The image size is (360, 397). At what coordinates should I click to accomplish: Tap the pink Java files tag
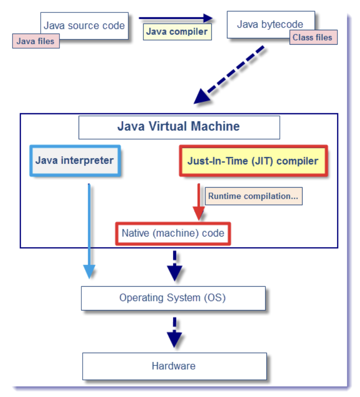click(x=36, y=41)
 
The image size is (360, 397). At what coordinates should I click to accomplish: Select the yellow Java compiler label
click(x=177, y=32)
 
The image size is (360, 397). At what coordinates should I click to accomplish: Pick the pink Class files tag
click(x=313, y=38)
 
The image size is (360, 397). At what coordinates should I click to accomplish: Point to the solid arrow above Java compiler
click(x=176, y=18)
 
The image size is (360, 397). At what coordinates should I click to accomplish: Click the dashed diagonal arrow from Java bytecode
click(x=229, y=75)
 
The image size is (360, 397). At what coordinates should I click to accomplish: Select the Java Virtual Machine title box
click(x=179, y=127)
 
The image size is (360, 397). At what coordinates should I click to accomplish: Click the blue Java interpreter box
click(x=75, y=161)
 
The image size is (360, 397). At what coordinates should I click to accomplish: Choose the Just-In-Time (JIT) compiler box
click(x=254, y=161)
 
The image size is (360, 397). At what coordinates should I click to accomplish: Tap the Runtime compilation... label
click(x=254, y=196)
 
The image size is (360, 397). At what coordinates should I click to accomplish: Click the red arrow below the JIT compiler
click(x=199, y=202)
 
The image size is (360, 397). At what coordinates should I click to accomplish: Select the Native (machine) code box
click(x=173, y=233)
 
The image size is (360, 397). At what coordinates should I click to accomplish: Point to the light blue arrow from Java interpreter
click(x=89, y=231)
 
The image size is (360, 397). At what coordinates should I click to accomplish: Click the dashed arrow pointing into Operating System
click(x=175, y=266)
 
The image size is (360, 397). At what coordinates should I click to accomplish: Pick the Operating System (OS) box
click(x=173, y=298)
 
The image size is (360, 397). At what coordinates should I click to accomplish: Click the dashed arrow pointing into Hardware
click(x=175, y=332)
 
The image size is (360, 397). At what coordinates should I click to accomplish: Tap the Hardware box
click(x=175, y=366)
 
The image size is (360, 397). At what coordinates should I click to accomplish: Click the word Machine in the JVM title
click(x=215, y=126)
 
